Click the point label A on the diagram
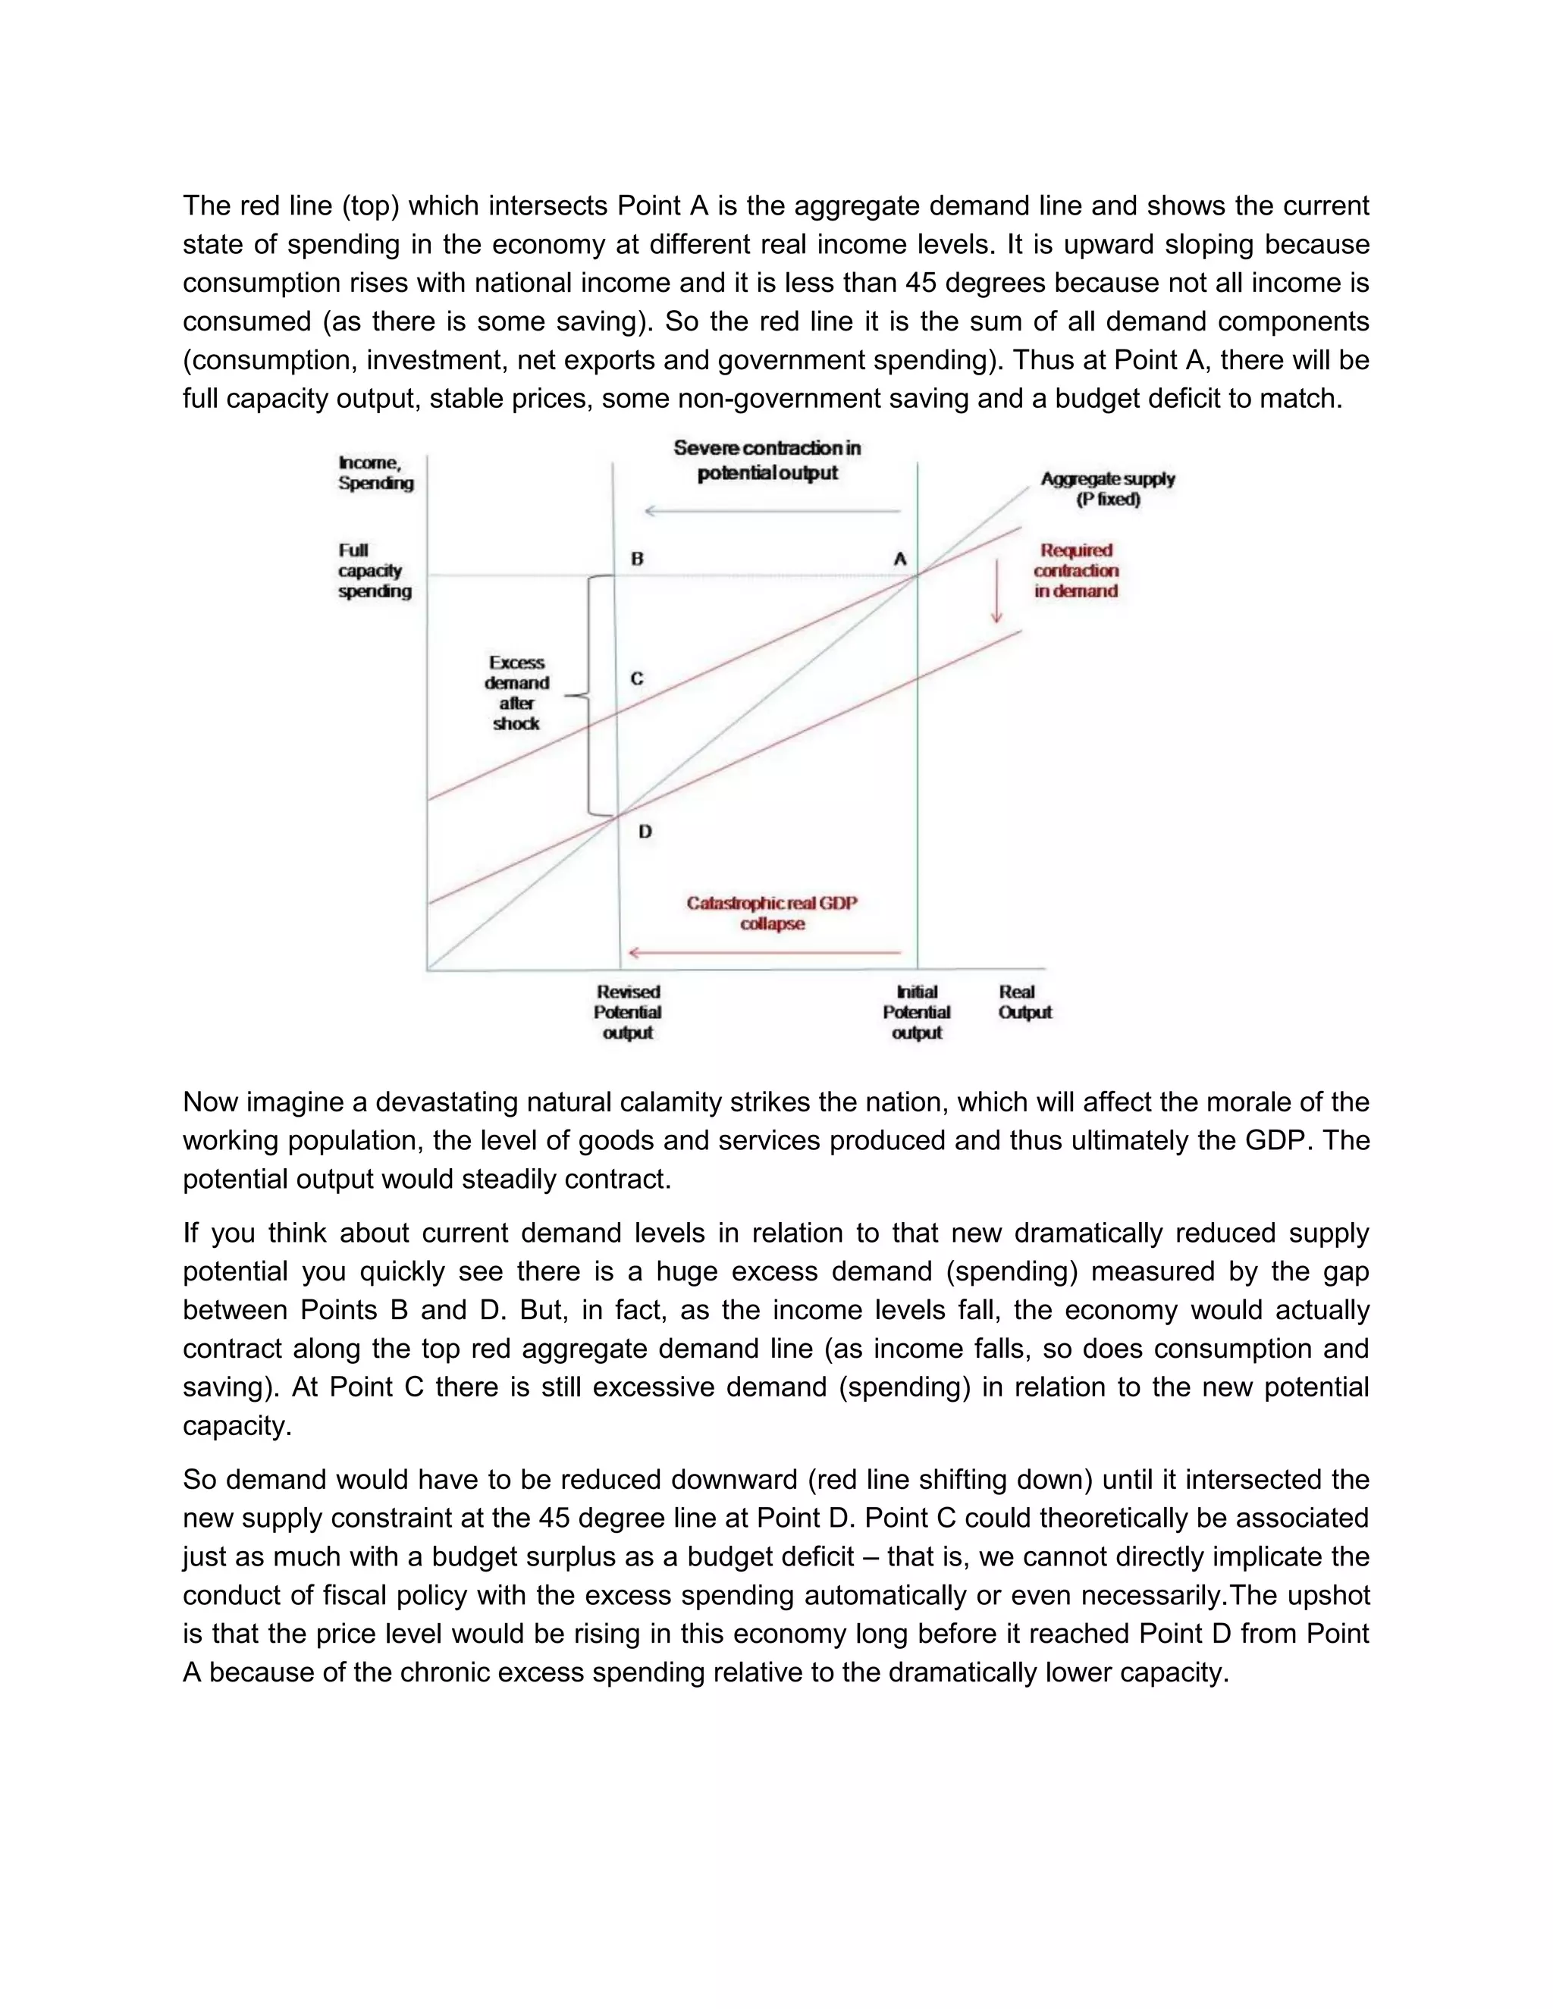pyautogui.click(x=900, y=559)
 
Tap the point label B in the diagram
pyautogui.click(x=637, y=559)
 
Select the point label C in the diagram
pyautogui.click(x=637, y=679)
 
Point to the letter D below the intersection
pyautogui.click(x=645, y=832)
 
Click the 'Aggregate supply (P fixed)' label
pyautogui.click(x=1108, y=488)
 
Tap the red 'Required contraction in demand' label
pyautogui.click(x=1075, y=570)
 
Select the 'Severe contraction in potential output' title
pyautogui.click(x=767, y=460)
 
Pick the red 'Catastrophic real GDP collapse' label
pyautogui.click(x=772, y=913)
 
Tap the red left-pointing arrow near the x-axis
pyautogui.click(x=764, y=953)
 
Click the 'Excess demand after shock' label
pyautogui.click(x=517, y=693)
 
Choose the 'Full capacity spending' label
pyautogui.click(x=374, y=570)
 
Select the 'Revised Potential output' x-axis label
pyautogui.click(x=627, y=1012)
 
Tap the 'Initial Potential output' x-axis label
pyautogui.click(x=916, y=1012)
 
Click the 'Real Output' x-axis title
pyautogui.click(x=1024, y=1001)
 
